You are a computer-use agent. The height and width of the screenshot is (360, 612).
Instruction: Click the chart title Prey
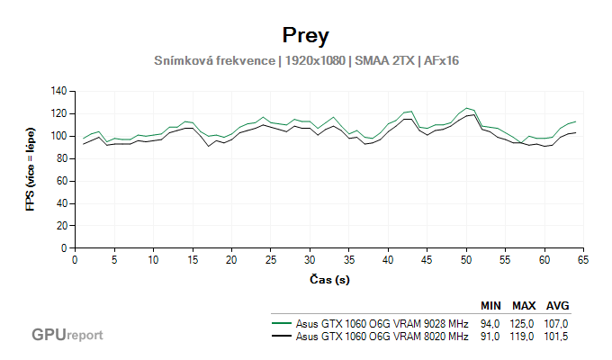pos(305,35)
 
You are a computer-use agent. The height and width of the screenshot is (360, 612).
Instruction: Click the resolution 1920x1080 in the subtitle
pos(315,61)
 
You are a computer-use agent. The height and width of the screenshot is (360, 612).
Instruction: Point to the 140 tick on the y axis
pos(60,91)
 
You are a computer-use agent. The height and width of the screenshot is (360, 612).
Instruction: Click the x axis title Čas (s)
pos(328,280)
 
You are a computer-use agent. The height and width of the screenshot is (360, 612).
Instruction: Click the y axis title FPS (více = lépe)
pos(30,169)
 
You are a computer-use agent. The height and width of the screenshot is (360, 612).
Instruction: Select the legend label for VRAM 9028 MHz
pos(382,323)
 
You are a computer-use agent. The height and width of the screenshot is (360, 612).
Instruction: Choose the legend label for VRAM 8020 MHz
pos(382,337)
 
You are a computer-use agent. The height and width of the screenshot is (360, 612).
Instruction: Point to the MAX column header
pos(524,305)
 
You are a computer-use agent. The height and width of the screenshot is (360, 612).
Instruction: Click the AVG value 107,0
pos(557,323)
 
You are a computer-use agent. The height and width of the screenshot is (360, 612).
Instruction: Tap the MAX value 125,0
pos(524,323)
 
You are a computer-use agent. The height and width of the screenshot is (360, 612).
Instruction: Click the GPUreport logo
pos(67,334)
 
